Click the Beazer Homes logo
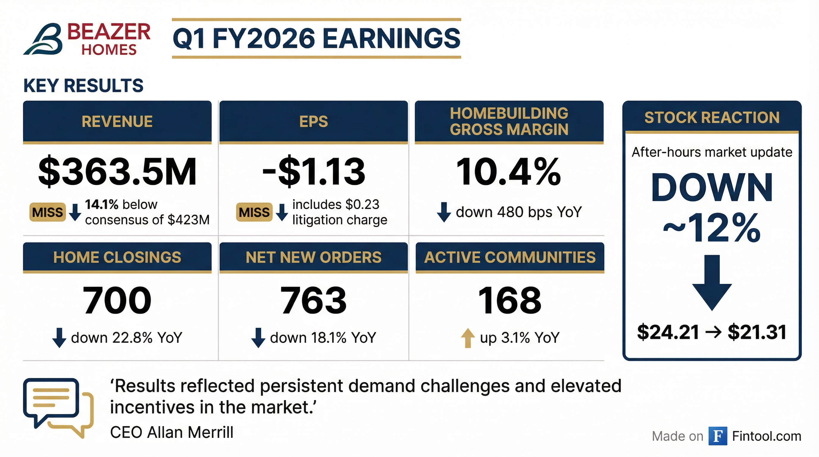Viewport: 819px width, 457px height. click(x=87, y=39)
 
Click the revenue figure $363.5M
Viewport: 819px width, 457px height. click(x=117, y=172)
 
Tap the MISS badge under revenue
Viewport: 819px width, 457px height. click(x=48, y=212)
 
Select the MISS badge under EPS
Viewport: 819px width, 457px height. click(x=254, y=212)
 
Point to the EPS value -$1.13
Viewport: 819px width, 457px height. click(x=314, y=172)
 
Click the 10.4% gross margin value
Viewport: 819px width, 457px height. click(x=509, y=172)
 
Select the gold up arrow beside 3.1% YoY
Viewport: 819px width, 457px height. click(x=468, y=338)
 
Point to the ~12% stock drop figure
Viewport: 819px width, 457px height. click(x=712, y=228)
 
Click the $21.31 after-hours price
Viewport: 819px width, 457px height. click(x=757, y=332)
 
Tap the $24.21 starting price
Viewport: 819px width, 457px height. click(x=668, y=332)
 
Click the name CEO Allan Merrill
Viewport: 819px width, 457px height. click(x=172, y=433)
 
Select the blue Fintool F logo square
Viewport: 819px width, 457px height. click(x=718, y=436)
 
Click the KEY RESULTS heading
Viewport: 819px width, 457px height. click(x=83, y=85)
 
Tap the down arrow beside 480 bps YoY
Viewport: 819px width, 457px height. click(x=444, y=212)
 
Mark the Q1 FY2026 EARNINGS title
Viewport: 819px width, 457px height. click(x=316, y=38)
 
